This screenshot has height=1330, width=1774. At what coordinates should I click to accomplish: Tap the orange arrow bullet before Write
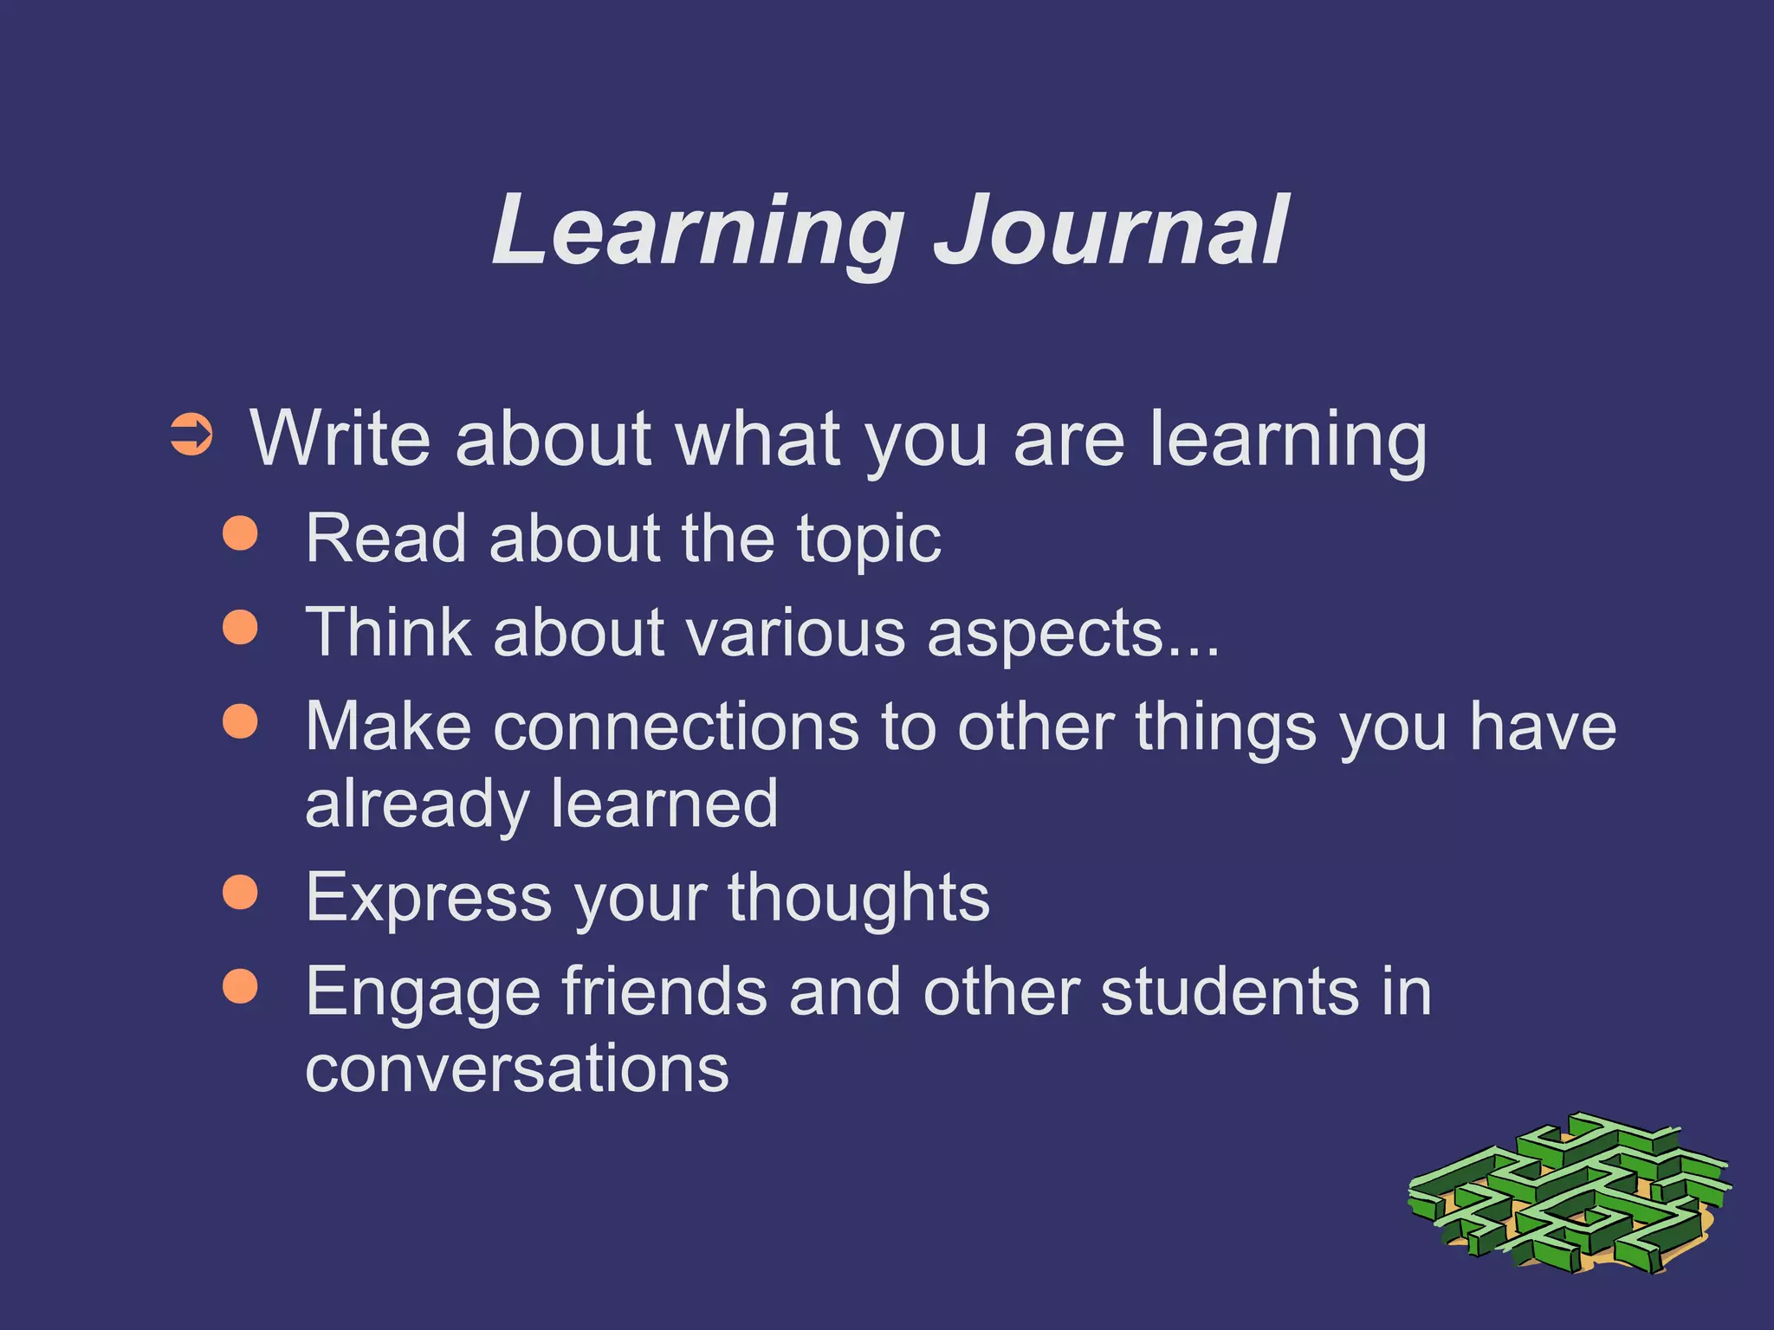point(191,436)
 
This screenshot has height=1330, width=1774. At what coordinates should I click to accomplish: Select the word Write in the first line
point(340,439)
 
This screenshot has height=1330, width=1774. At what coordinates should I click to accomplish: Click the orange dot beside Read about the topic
point(240,534)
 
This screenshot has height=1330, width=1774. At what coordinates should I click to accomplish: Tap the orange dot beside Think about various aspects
point(240,627)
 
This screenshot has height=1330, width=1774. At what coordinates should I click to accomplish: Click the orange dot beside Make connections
point(240,720)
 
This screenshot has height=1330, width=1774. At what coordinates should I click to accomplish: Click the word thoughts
point(858,899)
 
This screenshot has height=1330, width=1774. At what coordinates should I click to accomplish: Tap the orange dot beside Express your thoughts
point(240,893)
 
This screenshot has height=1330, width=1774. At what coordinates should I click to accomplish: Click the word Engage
point(424,993)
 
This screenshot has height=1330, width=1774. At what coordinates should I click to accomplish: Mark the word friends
point(664,991)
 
